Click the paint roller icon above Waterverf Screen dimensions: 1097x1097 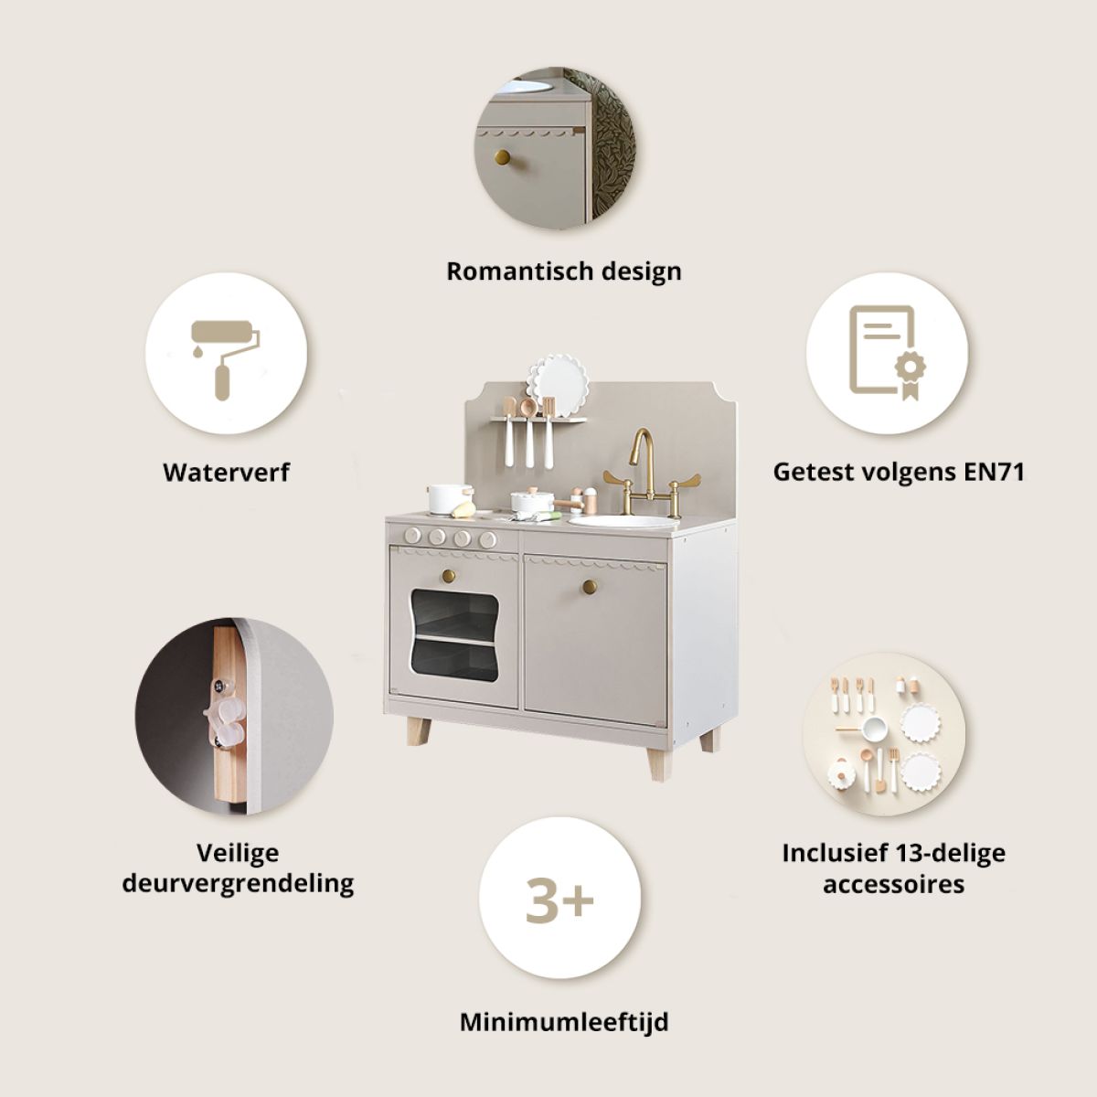click(x=224, y=359)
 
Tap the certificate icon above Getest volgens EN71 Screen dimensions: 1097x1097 click(x=888, y=353)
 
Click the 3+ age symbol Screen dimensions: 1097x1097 click(x=559, y=900)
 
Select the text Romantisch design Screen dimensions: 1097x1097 click(x=564, y=272)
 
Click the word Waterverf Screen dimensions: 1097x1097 click(x=226, y=473)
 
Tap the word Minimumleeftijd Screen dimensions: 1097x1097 click(x=564, y=1022)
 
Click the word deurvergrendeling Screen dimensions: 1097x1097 click(x=238, y=883)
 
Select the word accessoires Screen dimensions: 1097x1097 click(x=894, y=884)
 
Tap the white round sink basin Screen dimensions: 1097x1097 click(x=624, y=521)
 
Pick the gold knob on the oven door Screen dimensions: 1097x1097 click(x=449, y=576)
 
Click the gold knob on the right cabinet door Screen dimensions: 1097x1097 click(x=590, y=586)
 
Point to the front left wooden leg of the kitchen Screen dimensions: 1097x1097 click(x=419, y=732)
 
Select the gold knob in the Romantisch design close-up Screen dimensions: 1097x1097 click(x=502, y=157)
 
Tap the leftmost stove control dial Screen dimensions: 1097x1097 click(x=412, y=535)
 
